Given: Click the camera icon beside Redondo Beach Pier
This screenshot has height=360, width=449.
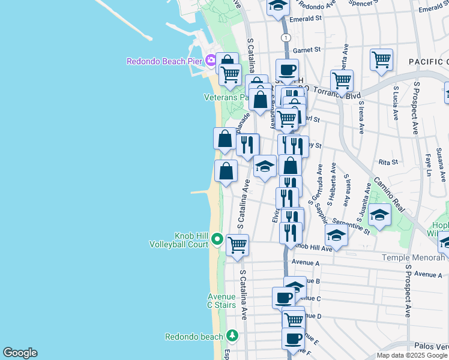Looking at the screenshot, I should point(210,60).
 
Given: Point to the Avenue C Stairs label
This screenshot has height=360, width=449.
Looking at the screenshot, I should point(221,301).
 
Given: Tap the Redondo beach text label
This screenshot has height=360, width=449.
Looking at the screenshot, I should point(194,337).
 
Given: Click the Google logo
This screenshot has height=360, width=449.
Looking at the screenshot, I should point(20,353).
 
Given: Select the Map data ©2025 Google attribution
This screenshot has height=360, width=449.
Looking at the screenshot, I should point(411,355).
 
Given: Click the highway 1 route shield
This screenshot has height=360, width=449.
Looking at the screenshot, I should point(287,37).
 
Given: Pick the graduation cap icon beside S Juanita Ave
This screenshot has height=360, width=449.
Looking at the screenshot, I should point(379,214).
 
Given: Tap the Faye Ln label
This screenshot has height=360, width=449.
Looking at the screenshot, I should point(429,164).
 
